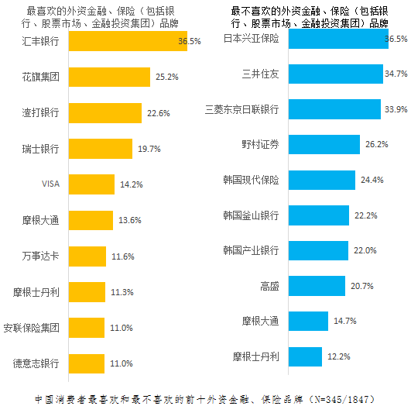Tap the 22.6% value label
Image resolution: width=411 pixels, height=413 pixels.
[157, 113]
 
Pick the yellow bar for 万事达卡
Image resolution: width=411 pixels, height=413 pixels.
[88, 256]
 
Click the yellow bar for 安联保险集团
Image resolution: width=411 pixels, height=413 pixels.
[87, 328]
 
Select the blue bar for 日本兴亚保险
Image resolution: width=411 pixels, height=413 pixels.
[337, 38]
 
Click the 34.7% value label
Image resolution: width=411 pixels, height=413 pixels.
[396, 74]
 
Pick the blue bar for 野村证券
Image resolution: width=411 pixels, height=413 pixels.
[324, 145]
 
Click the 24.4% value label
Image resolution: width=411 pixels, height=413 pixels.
[372, 181]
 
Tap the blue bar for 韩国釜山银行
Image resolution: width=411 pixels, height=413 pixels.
[319, 215]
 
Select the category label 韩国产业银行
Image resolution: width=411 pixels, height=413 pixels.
[251, 250]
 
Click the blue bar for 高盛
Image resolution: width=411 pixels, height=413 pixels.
[317, 286]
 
